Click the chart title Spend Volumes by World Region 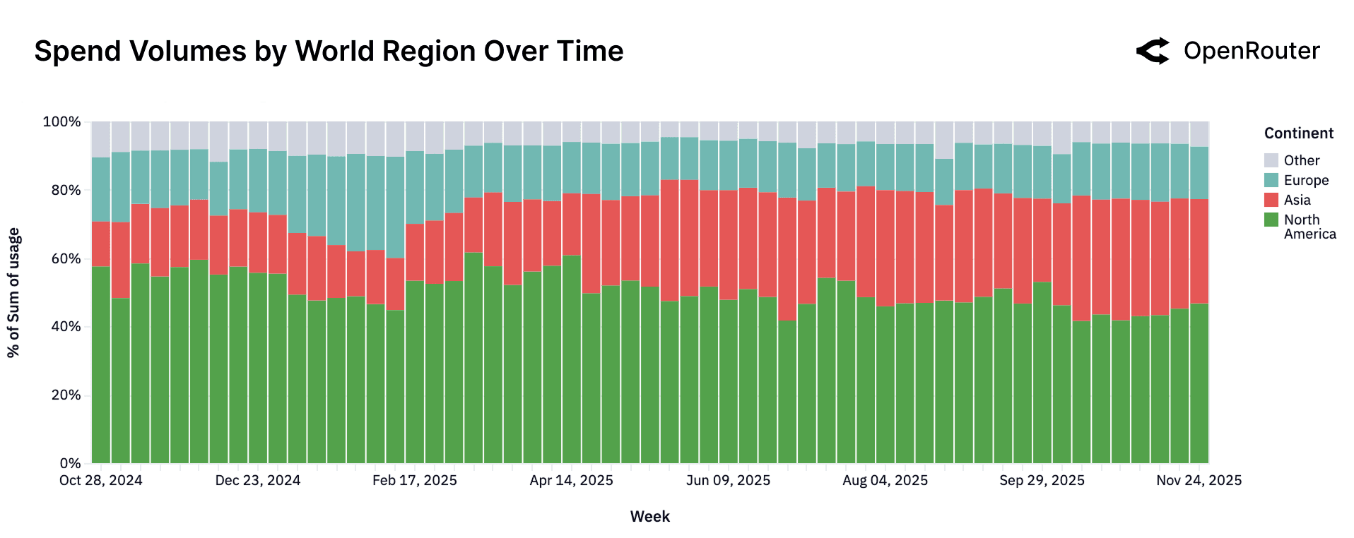point(329,52)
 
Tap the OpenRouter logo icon point(1153,51)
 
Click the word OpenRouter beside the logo point(1252,51)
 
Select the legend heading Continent point(1298,133)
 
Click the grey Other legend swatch point(1271,160)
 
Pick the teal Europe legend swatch point(1271,180)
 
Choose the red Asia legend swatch point(1271,200)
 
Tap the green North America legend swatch point(1271,220)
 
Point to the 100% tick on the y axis point(62,122)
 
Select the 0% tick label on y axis point(70,463)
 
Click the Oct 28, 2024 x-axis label point(100,481)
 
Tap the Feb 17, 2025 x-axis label point(414,481)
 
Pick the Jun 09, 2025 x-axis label point(728,481)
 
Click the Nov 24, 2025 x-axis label point(1199,481)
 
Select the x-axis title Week point(649,517)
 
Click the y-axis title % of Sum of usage point(13,292)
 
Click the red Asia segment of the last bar point(1199,251)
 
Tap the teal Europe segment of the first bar point(101,189)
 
